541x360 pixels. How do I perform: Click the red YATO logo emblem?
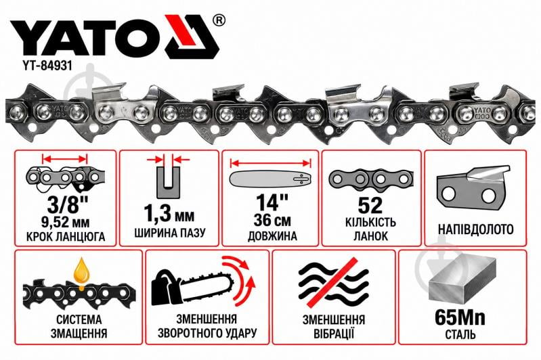192,37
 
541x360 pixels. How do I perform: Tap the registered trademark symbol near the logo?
219,20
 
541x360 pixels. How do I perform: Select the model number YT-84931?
43,66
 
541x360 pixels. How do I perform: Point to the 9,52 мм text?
65,223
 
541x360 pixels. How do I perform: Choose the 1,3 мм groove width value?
169,214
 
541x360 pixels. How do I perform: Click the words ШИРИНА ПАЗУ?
169,233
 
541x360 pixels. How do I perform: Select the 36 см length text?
272,221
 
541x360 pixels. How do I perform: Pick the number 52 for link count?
370,206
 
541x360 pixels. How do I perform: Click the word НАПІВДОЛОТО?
476,229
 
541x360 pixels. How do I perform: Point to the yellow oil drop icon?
82,272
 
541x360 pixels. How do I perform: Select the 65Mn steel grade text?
460,317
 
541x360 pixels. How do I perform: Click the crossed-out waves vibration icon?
334,282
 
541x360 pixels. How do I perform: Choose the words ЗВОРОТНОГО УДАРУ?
207,334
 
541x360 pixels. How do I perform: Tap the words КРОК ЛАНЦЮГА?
66,237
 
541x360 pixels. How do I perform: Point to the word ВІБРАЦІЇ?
334,334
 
